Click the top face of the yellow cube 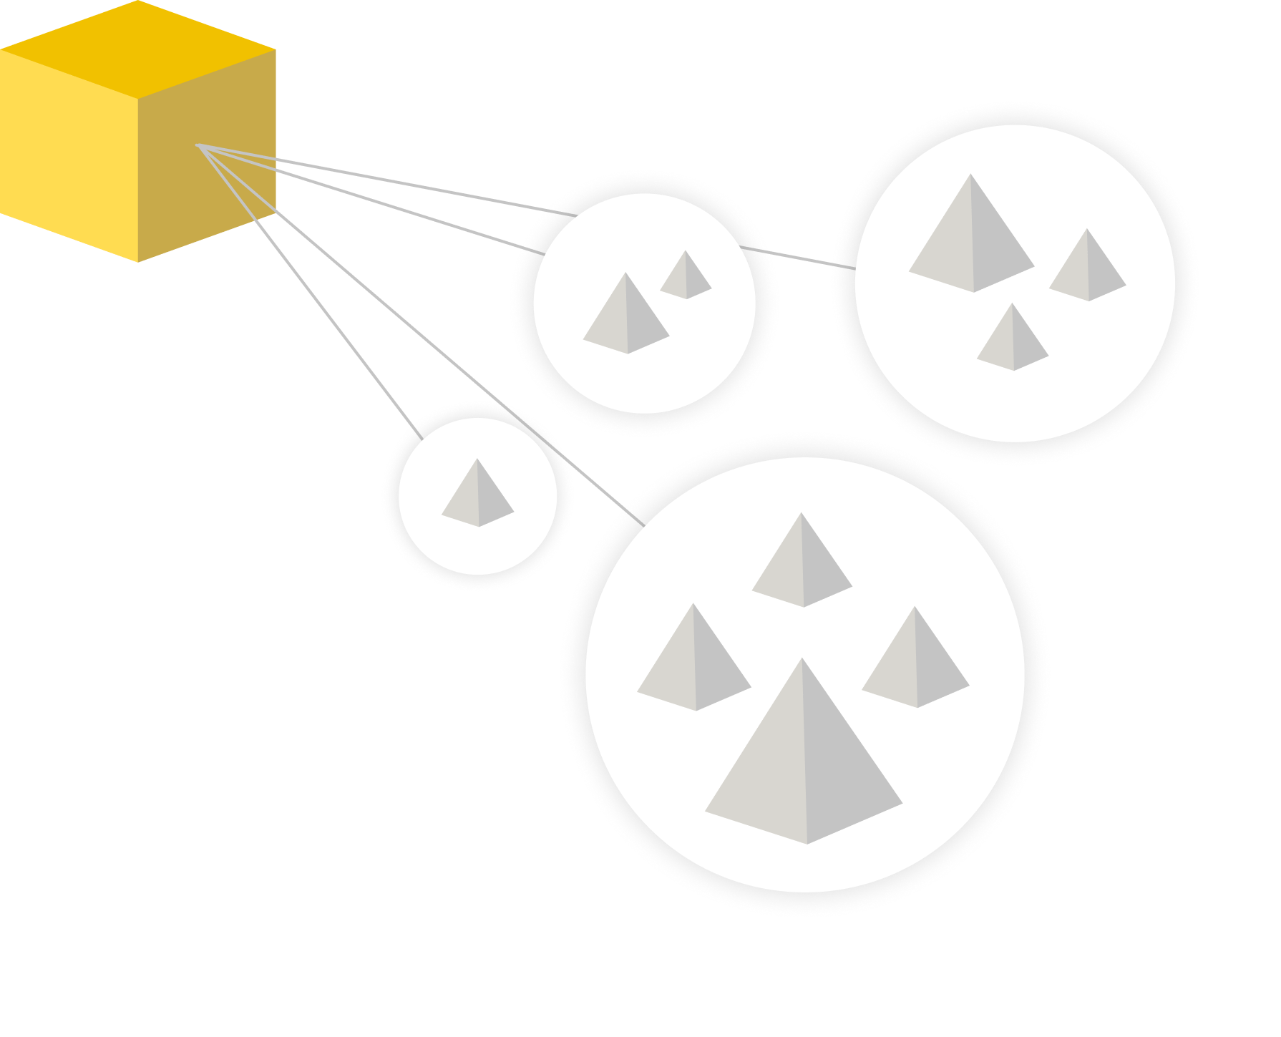pos(137,49)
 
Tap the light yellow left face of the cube pos(69,154)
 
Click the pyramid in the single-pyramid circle pos(478,497)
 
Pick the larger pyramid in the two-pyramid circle pos(626,318)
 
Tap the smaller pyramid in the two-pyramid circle pos(686,278)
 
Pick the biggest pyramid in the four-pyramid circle pos(804,766)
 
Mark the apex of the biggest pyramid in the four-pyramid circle pos(802,660)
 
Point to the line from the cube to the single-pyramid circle pos(308,290)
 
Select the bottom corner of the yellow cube pos(137,261)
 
